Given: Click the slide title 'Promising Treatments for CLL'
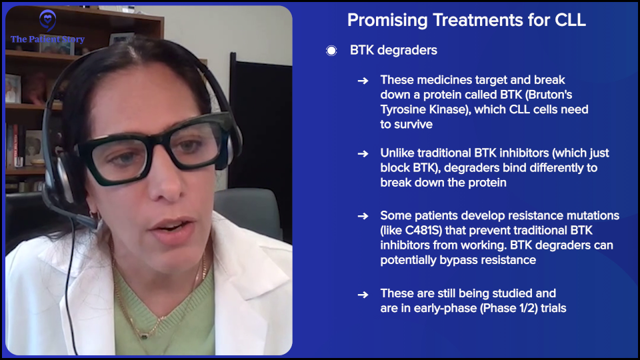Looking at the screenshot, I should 466,20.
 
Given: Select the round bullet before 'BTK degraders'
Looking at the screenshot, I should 331,51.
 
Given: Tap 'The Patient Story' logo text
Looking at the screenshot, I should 47,39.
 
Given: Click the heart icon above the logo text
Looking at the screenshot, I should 47,21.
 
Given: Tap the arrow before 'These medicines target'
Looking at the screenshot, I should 363,80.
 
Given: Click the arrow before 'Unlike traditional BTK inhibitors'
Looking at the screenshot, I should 363,153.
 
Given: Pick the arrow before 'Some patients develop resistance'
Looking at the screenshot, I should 363,216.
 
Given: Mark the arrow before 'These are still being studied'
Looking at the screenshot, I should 363,294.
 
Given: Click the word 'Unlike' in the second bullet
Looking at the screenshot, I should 397,153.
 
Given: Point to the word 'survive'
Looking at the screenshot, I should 413,124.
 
